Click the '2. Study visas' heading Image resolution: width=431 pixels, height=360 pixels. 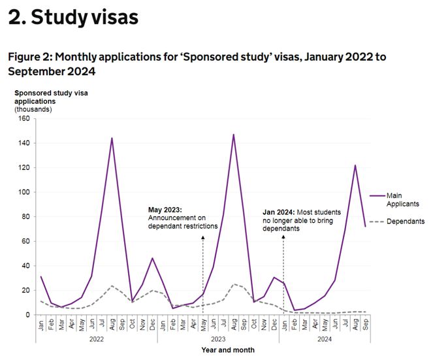(x=73, y=18)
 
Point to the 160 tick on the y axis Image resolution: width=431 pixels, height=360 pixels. (x=24, y=118)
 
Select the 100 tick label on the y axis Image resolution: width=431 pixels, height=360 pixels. (x=24, y=192)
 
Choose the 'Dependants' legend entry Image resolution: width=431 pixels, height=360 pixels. (x=405, y=221)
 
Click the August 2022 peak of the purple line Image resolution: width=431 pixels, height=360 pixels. (x=112, y=138)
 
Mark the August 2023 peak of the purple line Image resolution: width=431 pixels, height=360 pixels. (x=233, y=135)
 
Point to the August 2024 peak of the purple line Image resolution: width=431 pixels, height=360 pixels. (x=355, y=165)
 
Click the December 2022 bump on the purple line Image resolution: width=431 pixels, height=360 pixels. (x=152, y=258)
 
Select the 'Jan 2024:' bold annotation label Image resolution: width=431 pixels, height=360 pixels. (x=280, y=212)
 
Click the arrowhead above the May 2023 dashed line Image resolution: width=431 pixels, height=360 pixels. (x=202, y=238)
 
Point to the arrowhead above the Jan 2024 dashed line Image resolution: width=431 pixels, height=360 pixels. (x=283, y=237)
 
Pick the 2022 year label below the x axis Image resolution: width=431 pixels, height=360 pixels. (x=96, y=339)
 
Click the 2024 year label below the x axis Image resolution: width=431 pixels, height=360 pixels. (x=325, y=339)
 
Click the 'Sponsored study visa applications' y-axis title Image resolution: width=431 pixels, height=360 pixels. (x=51, y=97)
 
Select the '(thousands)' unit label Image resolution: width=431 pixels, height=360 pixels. (x=34, y=109)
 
